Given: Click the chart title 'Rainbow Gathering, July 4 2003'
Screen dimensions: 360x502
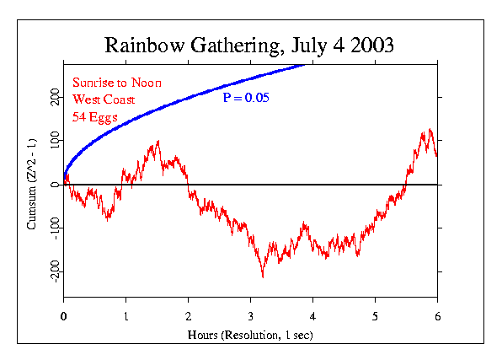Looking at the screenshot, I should point(249,45).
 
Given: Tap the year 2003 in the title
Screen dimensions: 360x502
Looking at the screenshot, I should point(370,45).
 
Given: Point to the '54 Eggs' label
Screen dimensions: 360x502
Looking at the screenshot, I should point(93,116).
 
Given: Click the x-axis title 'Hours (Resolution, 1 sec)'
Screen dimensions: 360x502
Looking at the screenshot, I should point(249,336).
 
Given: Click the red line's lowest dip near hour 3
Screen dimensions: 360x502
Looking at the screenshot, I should point(263,276).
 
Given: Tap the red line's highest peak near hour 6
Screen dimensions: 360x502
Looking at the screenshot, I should point(430,130).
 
